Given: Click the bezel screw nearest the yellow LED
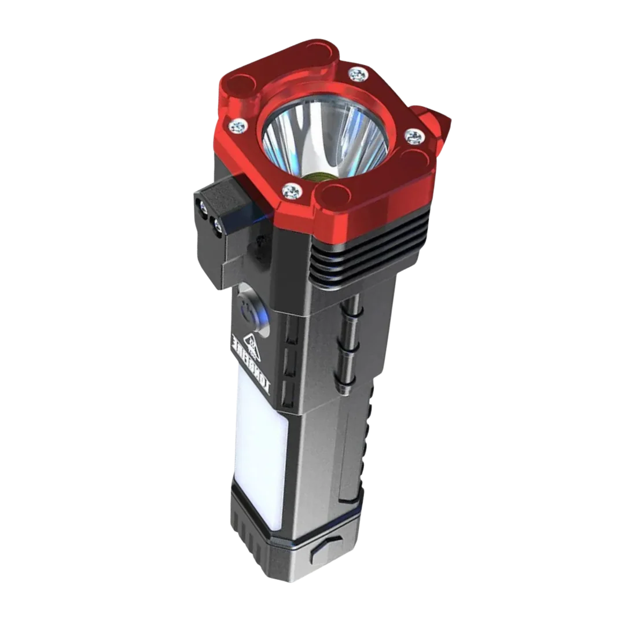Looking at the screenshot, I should [x=292, y=189].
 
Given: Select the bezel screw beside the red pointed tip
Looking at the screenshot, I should [x=414, y=137].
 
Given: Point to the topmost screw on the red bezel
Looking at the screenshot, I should [x=358, y=74].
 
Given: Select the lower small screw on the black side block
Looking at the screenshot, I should [x=217, y=226].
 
